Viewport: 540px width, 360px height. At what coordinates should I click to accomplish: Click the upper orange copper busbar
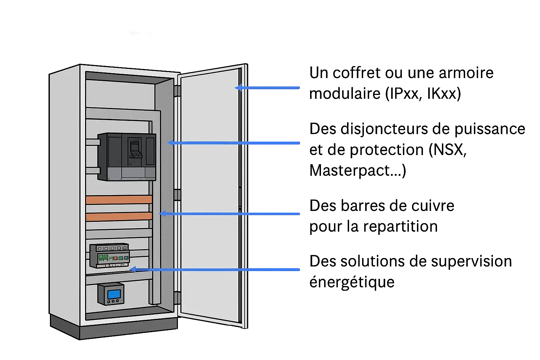[x=119, y=200]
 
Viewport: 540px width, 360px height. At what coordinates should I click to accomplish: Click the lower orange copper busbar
[x=119, y=217]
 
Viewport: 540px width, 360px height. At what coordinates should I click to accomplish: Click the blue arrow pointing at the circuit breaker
[x=234, y=143]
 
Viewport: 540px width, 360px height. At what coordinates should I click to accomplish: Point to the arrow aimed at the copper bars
[x=230, y=214]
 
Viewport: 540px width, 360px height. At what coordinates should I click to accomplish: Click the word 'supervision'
[x=471, y=262]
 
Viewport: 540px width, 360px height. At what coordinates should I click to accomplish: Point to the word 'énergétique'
[x=352, y=282]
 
